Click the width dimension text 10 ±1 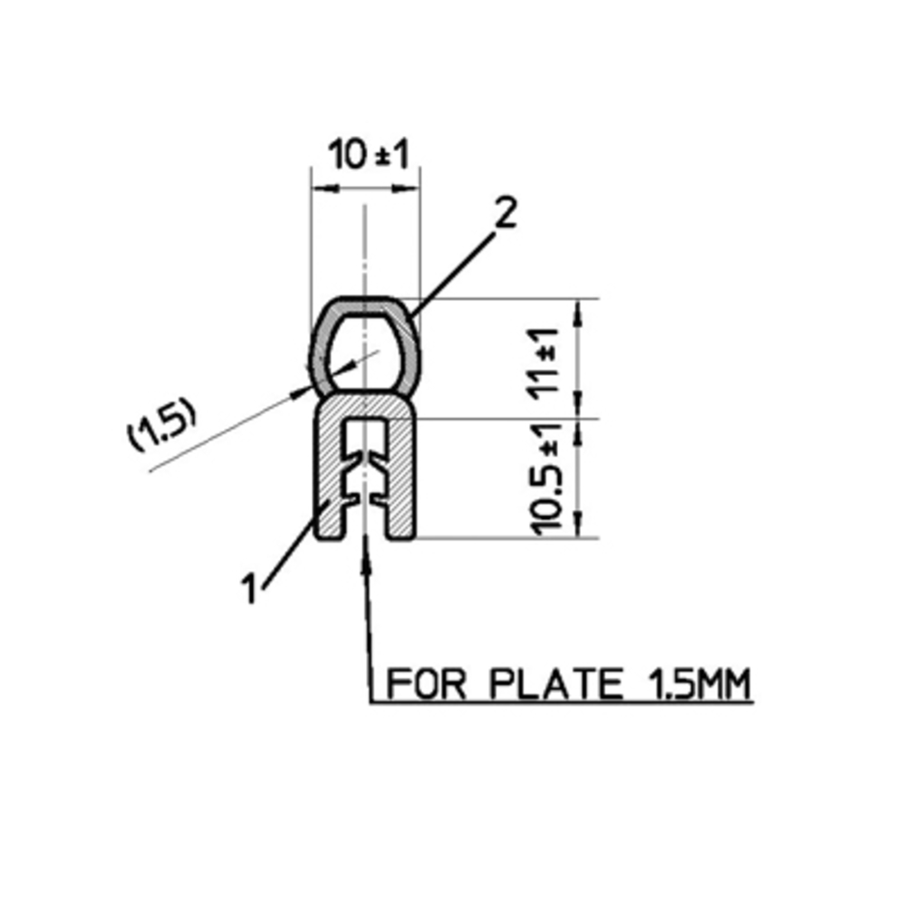click(370, 156)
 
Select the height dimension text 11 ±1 click(547, 358)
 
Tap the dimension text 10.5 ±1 click(549, 477)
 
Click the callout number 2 click(505, 214)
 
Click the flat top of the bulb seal click(364, 303)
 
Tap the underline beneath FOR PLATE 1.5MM click(562, 702)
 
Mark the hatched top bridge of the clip click(364, 410)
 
